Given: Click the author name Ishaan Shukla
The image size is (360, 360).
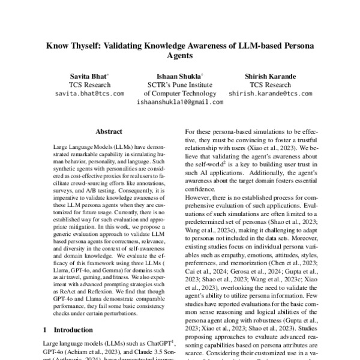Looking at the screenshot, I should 179,76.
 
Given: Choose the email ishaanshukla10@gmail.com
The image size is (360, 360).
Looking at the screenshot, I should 179,102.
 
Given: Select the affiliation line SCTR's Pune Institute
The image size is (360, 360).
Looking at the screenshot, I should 179,85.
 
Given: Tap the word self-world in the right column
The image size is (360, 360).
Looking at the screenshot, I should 209,175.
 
